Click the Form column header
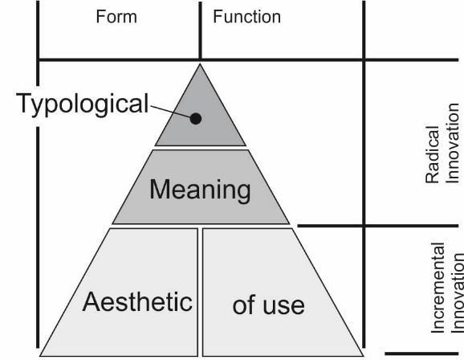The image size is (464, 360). click(116, 16)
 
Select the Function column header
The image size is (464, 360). click(246, 16)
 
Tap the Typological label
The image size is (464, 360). click(82, 104)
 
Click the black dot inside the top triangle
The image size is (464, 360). click(196, 118)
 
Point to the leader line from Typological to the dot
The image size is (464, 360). click(170, 112)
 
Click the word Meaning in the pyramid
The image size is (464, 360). click(200, 190)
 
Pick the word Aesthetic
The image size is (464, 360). click(137, 301)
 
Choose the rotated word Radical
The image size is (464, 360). click(433, 154)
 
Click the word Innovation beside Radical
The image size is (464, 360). click(452, 143)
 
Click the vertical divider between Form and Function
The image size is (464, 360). click(201, 31)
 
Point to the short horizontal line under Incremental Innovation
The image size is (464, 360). click(421, 354)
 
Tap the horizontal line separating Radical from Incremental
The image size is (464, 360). click(378, 226)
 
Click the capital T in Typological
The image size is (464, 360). click(25, 103)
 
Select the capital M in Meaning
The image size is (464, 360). click(160, 189)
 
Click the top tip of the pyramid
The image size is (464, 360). click(200, 63)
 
